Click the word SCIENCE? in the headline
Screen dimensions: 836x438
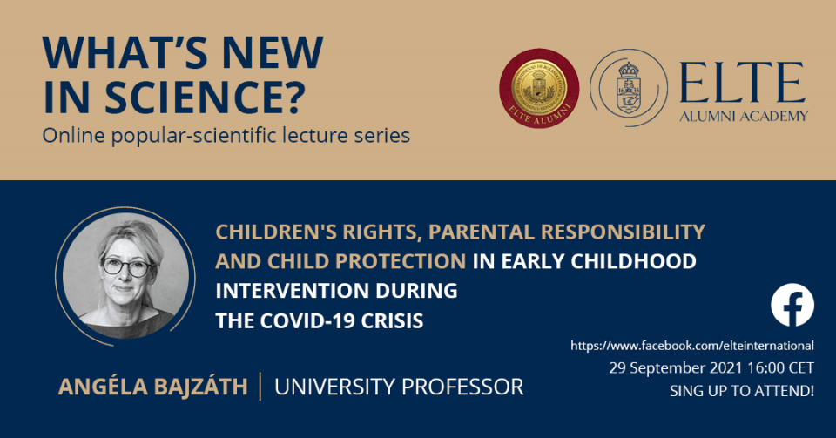tap(206, 97)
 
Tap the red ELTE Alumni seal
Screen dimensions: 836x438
tap(539, 88)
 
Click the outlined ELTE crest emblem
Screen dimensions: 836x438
tap(629, 88)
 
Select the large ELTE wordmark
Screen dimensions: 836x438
tap(743, 83)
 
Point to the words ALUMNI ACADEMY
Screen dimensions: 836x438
tap(744, 116)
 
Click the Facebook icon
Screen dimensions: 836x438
tap(792, 305)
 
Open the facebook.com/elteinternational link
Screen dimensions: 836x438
tap(692, 346)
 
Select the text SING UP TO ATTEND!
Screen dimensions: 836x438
tap(742, 391)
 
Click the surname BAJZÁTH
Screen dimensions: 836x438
tap(201, 387)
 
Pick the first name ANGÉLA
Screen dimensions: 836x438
tap(103, 387)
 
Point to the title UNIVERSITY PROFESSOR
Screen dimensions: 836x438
tap(399, 387)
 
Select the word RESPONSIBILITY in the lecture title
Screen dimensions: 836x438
tap(623, 232)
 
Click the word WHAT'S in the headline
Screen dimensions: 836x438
tap(126, 52)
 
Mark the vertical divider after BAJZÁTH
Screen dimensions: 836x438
tap(260, 387)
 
